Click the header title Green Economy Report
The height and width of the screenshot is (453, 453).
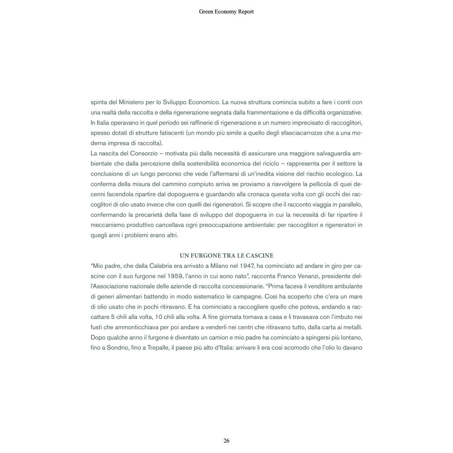pos(226,12)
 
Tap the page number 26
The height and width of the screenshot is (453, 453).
pos(226,441)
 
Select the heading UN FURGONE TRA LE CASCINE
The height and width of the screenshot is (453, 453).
pos(226,256)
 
